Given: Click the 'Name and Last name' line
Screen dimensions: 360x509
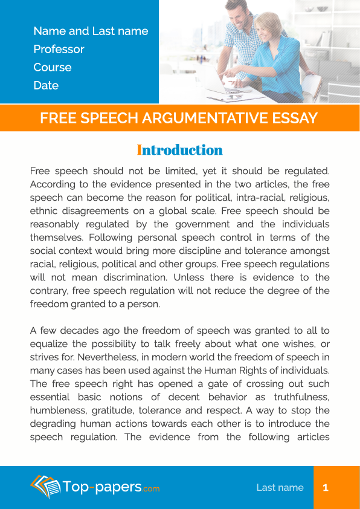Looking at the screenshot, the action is [x=91, y=31].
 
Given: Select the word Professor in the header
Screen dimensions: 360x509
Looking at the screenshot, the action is [x=59, y=49].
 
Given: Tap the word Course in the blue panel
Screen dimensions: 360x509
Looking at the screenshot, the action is [x=53, y=67].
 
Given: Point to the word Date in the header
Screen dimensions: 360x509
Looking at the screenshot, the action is [x=46, y=85].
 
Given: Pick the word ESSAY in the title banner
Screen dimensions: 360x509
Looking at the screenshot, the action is [x=295, y=118].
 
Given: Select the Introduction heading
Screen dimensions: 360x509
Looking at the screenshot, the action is [x=180, y=150].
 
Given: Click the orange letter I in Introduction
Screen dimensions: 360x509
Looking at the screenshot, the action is [x=140, y=150].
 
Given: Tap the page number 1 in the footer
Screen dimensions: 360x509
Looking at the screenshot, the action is [x=326, y=487].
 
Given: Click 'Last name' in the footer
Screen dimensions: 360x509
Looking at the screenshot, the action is [x=280, y=487].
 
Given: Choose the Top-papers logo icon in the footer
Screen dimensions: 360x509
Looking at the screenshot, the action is [x=45, y=486].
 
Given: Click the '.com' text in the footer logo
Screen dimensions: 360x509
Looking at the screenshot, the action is [x=152, y=488].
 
